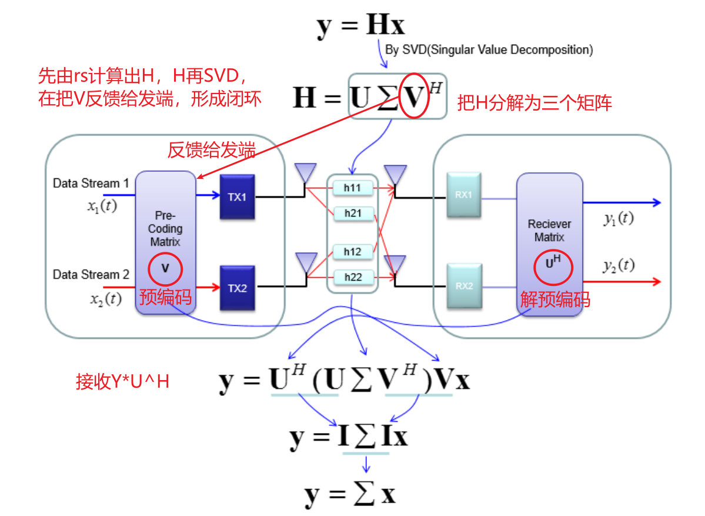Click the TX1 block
coord(238,197)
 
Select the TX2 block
coord(238,288)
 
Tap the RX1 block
coord(463,195)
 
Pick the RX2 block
coord(463,287)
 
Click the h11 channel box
coord(353,188)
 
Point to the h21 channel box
coord(353,214)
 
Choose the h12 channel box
coord(353,252)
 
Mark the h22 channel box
coord(353,277)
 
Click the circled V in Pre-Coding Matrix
coord(165,268)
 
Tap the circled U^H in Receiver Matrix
coord(550,263)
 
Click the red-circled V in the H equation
coord(414,96)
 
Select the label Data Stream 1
coord(91,184)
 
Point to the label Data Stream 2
coord(91,275)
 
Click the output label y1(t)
coord(619,219)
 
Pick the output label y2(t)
coord(619,265)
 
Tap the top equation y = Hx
coord(360,25)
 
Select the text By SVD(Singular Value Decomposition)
coord(489,50)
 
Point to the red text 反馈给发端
coord(211,151)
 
